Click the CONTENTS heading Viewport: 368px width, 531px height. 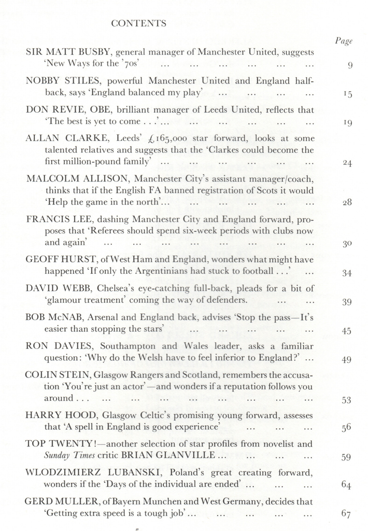click(139, 23)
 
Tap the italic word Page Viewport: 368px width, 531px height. click(344, 41)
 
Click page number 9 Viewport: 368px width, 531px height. click(350, 65)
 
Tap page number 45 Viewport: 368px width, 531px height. click(347, 331)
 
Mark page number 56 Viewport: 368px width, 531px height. click(347, 428)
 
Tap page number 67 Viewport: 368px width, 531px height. click(347, 514)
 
